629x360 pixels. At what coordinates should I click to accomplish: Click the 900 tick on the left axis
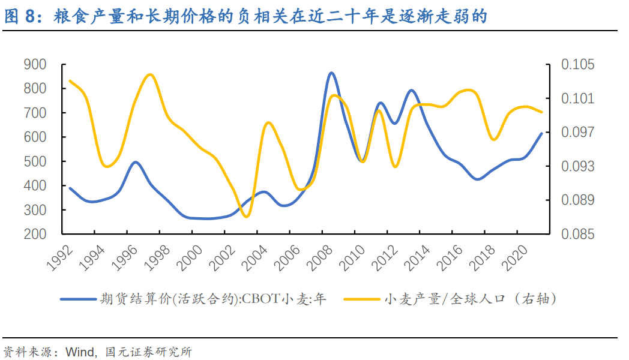coord(36,64)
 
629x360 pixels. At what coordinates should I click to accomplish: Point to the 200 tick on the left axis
coord(36,234)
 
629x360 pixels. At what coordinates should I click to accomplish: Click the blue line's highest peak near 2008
coord(331,73)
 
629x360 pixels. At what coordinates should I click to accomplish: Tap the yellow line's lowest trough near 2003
coord(246,217)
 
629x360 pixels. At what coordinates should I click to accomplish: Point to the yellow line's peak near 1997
coord(150,74)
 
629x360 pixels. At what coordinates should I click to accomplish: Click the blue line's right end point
coord(542,133)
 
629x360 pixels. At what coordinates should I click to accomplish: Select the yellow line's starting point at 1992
coord(70,80)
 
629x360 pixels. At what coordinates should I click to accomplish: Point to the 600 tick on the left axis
coord(36,137)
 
